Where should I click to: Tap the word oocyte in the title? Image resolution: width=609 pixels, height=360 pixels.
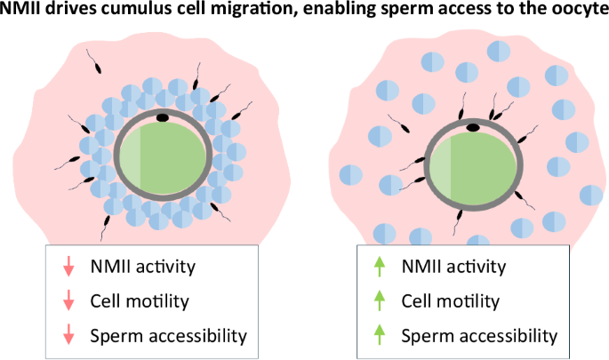click(x=577, y=12)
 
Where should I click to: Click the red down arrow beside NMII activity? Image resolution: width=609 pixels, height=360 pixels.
click(x=68, y=266)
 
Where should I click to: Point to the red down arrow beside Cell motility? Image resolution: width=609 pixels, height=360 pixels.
click(x=68, y=300)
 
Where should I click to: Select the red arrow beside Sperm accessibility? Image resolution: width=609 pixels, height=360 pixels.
click(x=68, y=335)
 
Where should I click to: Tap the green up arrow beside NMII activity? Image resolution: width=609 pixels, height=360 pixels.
click(x=379, y=266)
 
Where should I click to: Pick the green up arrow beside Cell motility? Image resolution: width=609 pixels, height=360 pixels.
click(x=379, y=300)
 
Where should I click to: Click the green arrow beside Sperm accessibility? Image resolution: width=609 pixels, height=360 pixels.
click(x=379, y=335)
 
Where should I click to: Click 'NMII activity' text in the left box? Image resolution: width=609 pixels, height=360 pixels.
click(x=142, y=266)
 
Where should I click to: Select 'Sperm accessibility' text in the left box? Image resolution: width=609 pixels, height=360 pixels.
click(x=167, y=335)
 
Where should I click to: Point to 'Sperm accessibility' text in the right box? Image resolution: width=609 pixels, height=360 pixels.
click(x=479, y=335)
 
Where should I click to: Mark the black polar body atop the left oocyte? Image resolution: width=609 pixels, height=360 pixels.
click(x=163, y=116)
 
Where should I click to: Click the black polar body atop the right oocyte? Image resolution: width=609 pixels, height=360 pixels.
click(x=473, y=128)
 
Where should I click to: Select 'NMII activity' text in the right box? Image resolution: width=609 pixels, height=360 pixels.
click(x=453, y=266)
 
